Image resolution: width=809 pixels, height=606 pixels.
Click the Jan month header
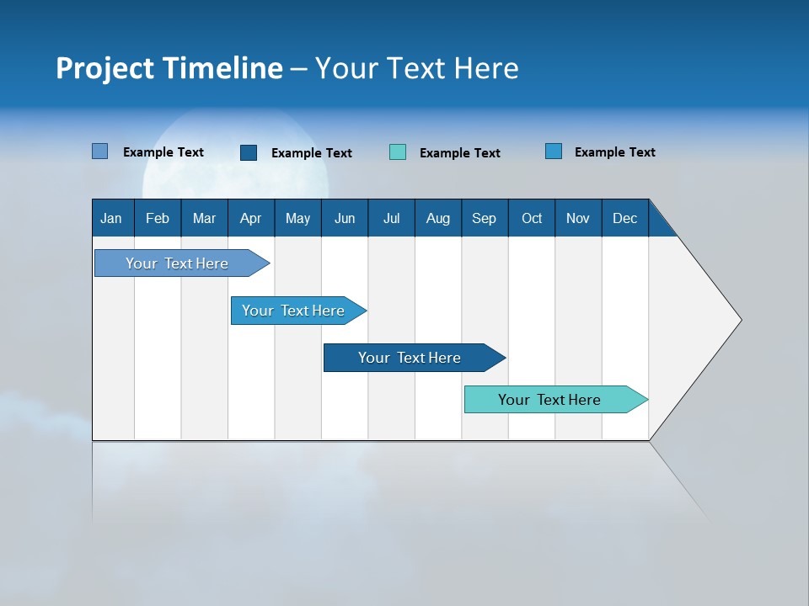pyautogui.click(x=111, y=218)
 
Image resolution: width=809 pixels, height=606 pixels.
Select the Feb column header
pyautogui.click(x=158, y=218)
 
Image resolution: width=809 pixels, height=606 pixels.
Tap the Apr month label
pyautogui.click(x=250, y=218)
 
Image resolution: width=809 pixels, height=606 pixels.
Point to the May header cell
pyautogui.click(x=297, y=218)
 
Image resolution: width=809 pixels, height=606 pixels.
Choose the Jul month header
pyautogui.click(x=391, y=218)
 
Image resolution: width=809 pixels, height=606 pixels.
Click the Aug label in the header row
pyautogui.click(x=438, y=218)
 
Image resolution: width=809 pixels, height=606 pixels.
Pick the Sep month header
pyautogui.click(x=485, y=218)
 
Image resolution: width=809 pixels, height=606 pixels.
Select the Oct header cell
pyautogui.click(x=532, y=218)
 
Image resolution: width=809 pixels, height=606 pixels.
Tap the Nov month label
pyautogui.click(x=578, y=218)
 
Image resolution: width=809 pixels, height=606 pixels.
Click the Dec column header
pyautogui.click(x=625, y=218)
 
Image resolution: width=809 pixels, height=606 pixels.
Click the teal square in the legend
pyautogui.click(x=398, y=152)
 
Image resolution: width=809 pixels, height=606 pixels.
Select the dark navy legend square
pyautogui.click(x=249, y=152)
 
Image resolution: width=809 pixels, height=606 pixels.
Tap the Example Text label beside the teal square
pyautogui.click(x=459, y=153)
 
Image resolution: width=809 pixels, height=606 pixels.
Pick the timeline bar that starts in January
pyautogui.click(x=178, y=263)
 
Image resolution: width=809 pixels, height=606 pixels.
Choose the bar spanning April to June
pyautogui.click(x=294, y=311)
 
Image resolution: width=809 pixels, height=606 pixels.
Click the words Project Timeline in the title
pyautogui.click(x=169, y=68)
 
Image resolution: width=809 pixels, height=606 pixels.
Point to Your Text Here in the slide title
pyautogui.click(x=416, y=68)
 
